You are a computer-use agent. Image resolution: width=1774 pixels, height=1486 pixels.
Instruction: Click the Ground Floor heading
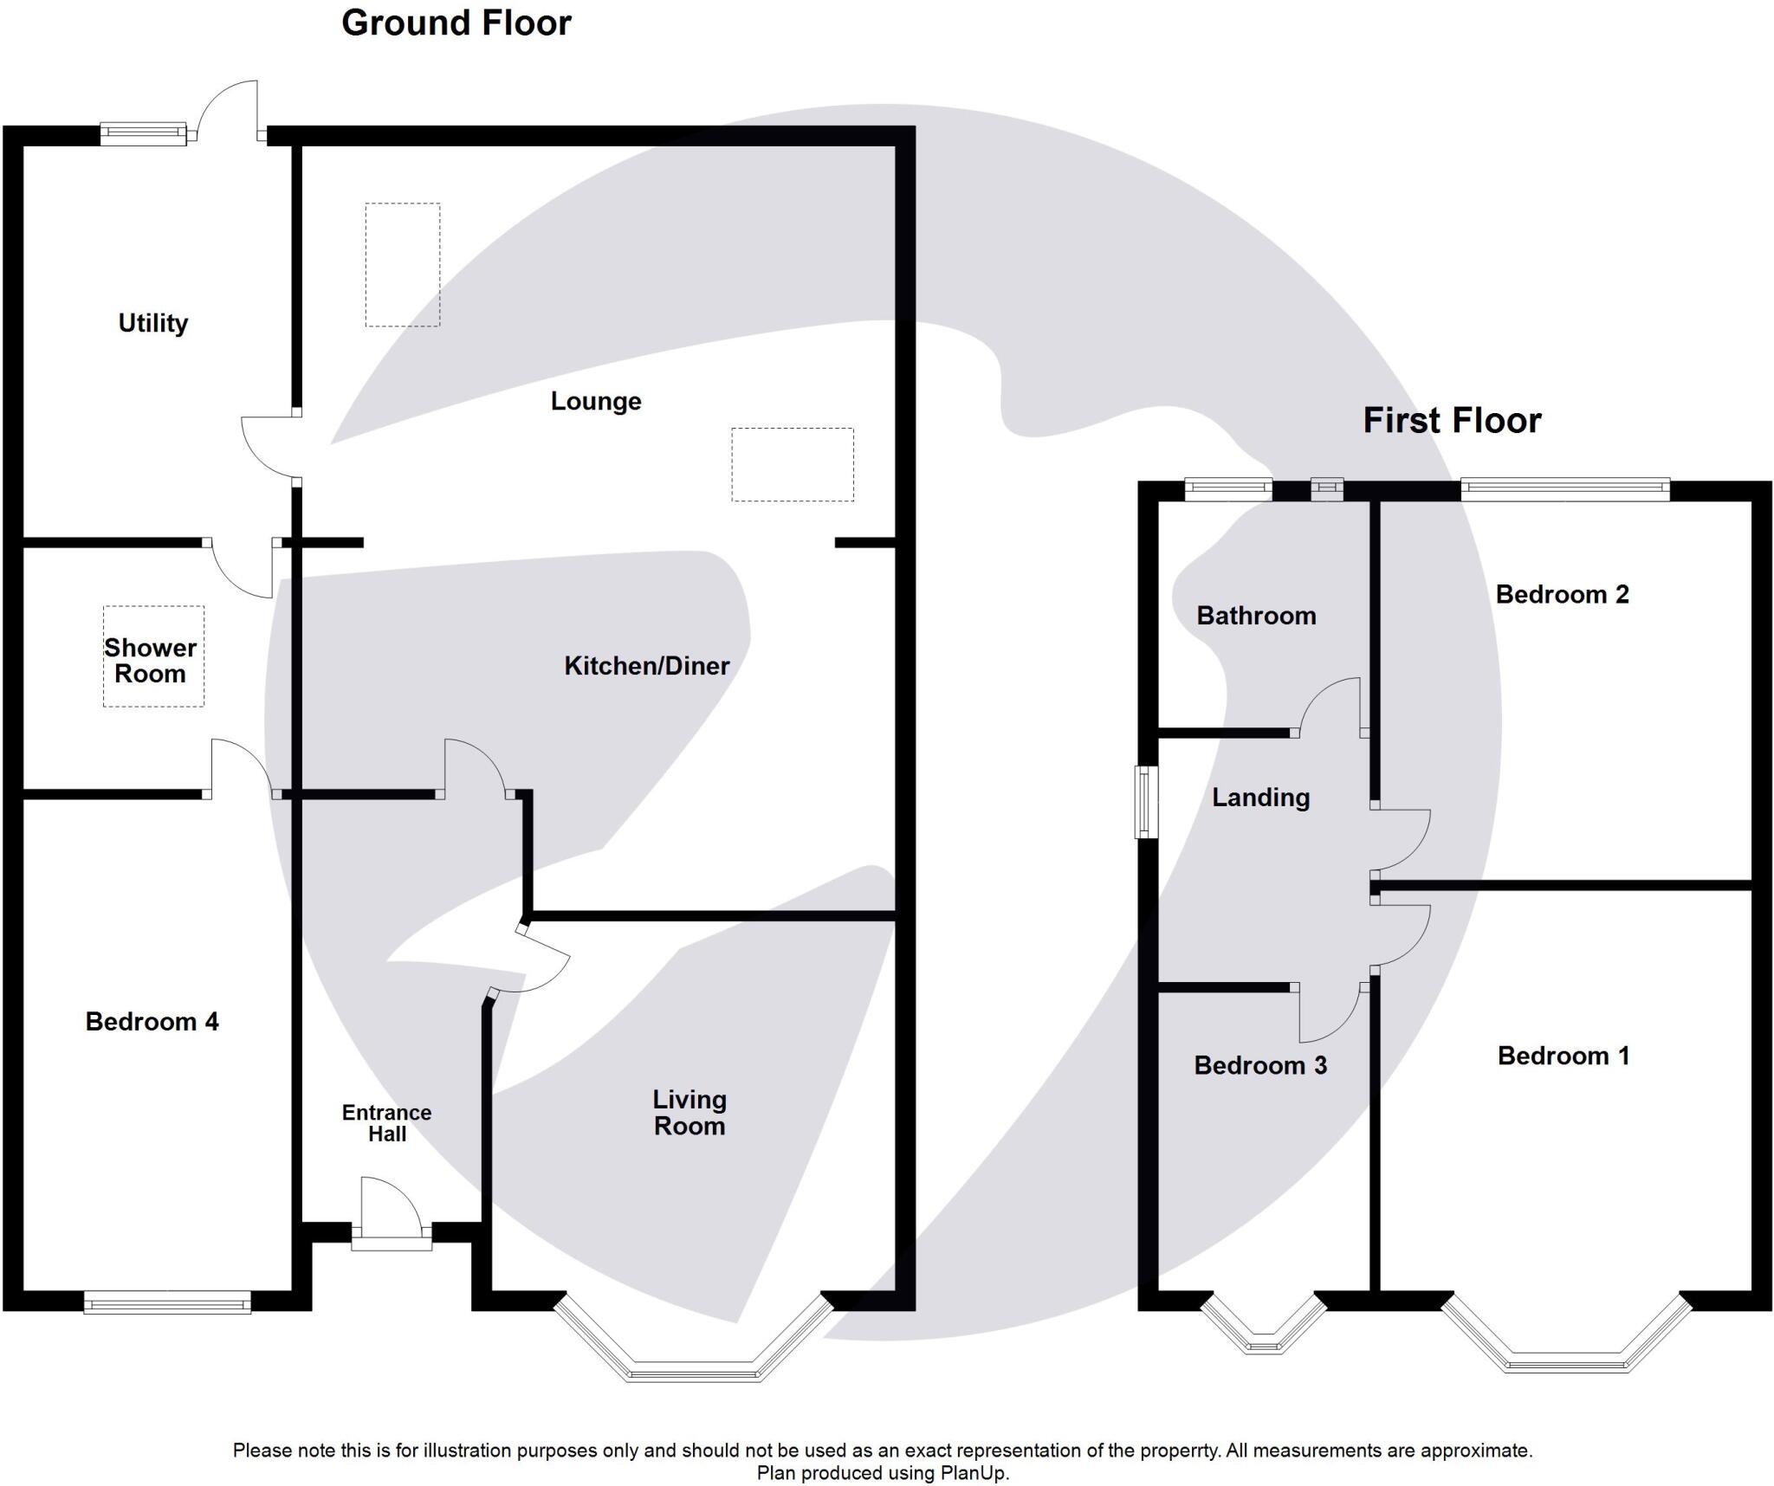click(x=456, y=23)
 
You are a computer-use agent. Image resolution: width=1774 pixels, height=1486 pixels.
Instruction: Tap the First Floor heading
click(x=1452, y=421)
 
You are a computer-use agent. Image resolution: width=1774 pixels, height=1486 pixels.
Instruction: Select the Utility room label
click(x=153, y=323)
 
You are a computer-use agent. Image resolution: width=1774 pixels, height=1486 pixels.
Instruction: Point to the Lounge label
click(x=596, y=401)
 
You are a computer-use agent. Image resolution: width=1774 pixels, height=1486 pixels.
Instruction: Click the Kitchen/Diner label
click(x=646, y=666)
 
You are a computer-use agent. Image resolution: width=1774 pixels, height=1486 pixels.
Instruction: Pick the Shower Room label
click(x=151, y=661)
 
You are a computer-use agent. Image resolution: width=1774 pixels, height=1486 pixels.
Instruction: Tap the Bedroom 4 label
click(x=152, y=1022)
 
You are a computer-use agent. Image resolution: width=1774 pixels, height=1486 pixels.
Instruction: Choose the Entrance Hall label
click(x=386, y=1123)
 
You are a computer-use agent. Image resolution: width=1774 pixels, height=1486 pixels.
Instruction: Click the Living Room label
click(x=690, y=1113)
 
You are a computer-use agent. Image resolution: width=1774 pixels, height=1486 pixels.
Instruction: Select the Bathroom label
click(x=1256, y=616)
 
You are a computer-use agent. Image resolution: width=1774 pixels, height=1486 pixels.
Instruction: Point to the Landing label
click(x=1260, y=798)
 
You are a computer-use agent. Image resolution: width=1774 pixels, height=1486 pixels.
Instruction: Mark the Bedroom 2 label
click(x=1562, y=595)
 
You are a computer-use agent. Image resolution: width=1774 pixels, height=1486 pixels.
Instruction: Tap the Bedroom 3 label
click(x=1260, y=1065)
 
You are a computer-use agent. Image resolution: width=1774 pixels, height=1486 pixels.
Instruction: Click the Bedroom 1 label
click(x=1564, y=1056)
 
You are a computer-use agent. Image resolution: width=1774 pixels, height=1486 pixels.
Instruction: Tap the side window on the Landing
click(x=1146, y=802)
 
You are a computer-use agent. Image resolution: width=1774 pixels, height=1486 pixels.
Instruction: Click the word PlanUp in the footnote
click(x=975, y=1473)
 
